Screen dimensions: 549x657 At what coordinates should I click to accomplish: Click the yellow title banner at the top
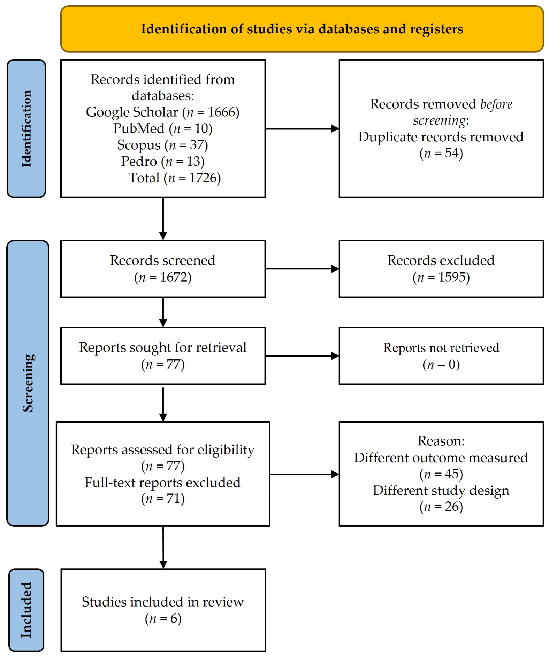tap(302, 29)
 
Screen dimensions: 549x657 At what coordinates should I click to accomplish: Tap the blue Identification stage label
tap(26, 128)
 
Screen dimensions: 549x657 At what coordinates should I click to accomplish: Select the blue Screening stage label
tap(28, 383)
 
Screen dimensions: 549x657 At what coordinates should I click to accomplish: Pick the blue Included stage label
tap(26, 610)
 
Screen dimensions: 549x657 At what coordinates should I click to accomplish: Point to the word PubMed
tap(139, 128)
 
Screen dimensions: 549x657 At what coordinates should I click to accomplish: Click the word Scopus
tap(139, 145)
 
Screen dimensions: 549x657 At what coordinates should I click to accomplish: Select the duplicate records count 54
tap(452, 153)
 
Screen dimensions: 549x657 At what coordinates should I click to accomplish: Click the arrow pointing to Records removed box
tap(302, 128)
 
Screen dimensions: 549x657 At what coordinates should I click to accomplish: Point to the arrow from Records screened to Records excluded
tap(302, 269)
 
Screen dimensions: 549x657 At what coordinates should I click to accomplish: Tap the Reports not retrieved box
tap(441, 356)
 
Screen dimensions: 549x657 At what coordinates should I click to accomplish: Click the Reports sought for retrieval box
tap(163, 356)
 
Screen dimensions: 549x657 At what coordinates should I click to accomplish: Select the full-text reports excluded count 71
tap(173, 499)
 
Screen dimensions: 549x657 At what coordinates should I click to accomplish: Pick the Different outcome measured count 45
tap(452, 474)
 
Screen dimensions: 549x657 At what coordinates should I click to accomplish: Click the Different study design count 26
tap(452, 507)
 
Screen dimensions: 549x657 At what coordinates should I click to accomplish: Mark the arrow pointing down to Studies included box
tap(163, 547)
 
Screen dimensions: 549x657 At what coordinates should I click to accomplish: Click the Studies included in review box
tap(163, 610)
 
